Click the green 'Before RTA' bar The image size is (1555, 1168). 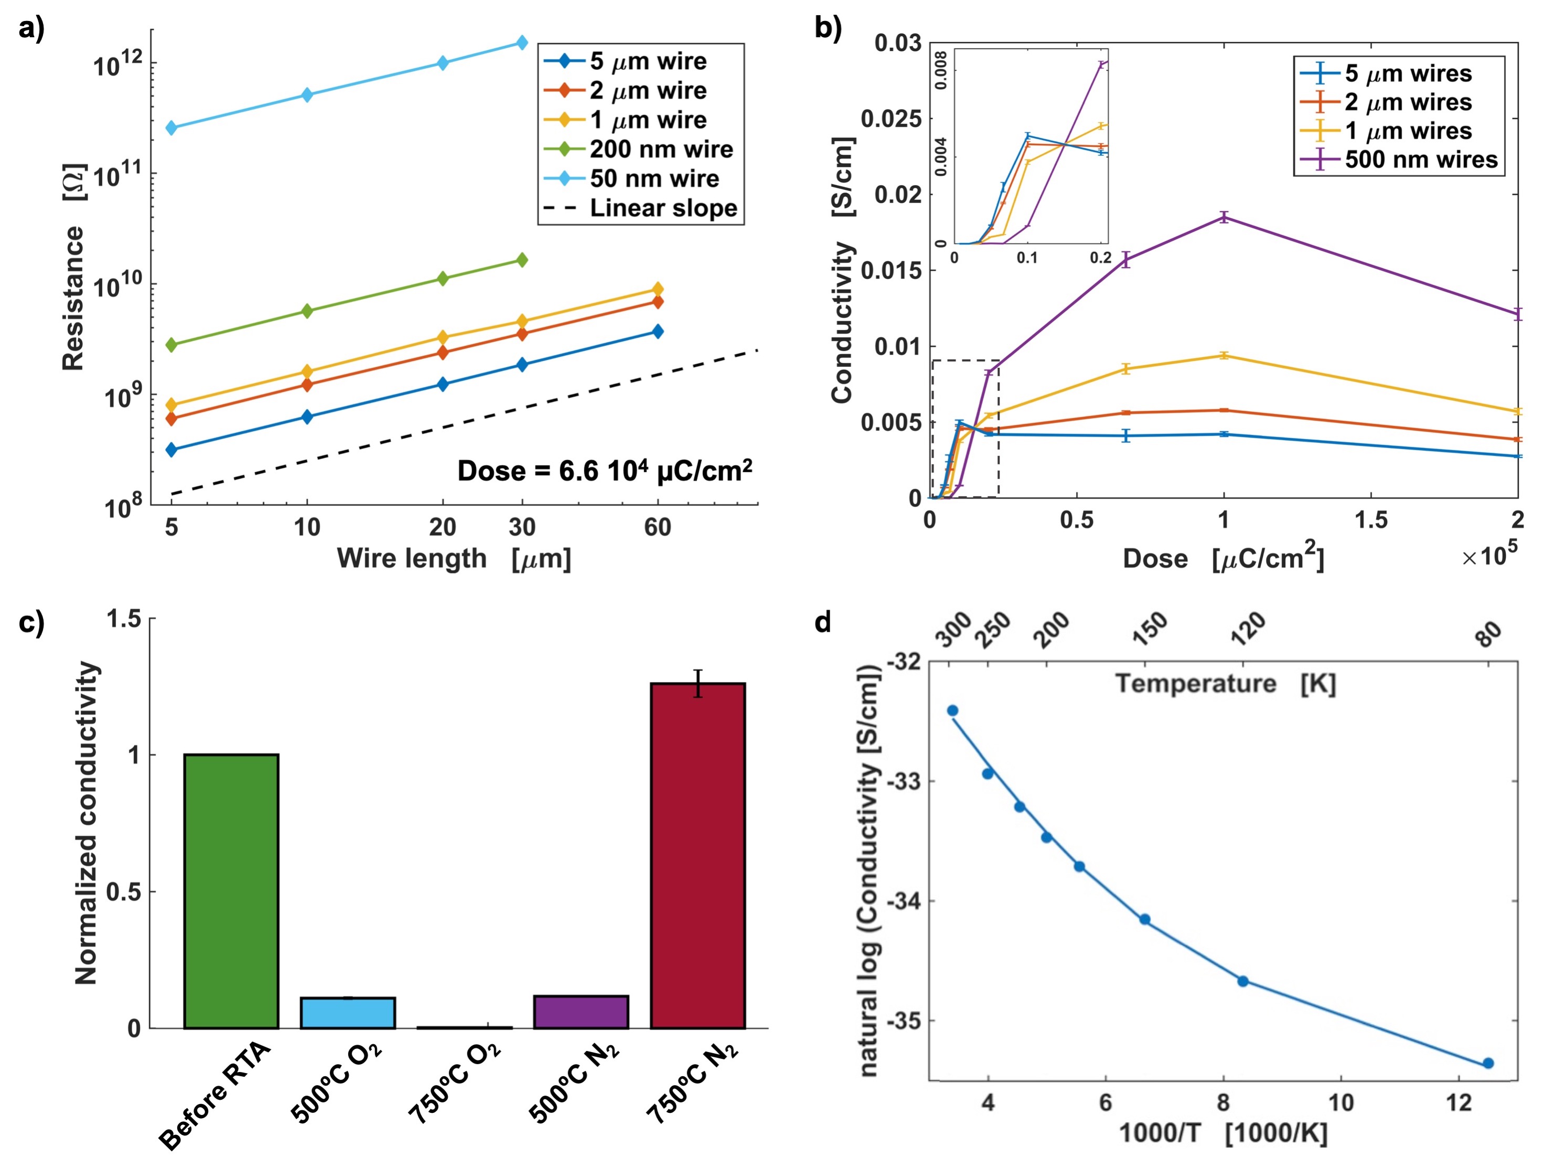pyautogui.click(x=231, y=891)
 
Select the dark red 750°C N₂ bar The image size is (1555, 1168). pyautogui.click(x=698, y=855)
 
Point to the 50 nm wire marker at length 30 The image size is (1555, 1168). pyautogui.click(x=522, y=43)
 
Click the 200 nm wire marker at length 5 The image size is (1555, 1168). pyautogui.click(x=171, y=345)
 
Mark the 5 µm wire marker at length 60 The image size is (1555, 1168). pyautogui.click(x=657, y=331)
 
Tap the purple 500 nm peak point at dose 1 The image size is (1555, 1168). pyautogui.click(x=1224, y=217)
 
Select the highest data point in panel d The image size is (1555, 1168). pyautogui.click(x=952, y=711)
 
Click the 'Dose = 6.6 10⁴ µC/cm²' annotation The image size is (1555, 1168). pyautogui.click(x=605, y=471)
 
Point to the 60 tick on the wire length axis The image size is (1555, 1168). pyautogui.click(x=657, y=527)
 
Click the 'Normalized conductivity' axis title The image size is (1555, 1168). pyautogui.click(x=86, y=823)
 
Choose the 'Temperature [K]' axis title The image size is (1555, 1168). pyautogui.click(x=1225, y=684)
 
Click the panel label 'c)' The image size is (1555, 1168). pyautogui.click(x=31, y=623)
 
